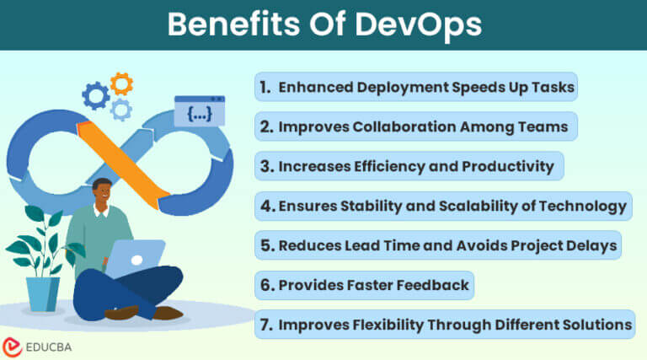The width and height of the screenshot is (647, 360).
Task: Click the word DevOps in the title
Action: [420, 24]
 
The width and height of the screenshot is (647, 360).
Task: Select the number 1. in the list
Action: [265, 86]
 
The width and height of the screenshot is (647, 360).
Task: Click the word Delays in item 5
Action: [586, 245]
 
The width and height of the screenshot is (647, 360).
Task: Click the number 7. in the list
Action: [265, 324]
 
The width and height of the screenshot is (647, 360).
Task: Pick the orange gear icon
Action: [121, 83]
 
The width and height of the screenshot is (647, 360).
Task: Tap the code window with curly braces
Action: [199, 111]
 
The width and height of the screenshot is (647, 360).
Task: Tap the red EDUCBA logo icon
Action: [13, 346]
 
